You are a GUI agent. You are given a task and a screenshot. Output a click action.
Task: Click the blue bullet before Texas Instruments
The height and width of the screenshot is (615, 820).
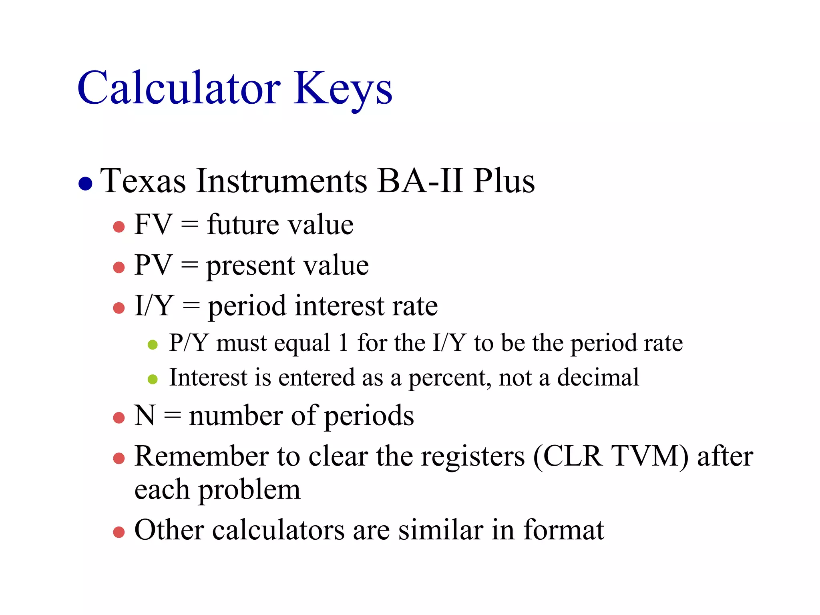coord(86,184)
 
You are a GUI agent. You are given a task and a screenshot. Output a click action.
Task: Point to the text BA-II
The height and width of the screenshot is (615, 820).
coord(420,181)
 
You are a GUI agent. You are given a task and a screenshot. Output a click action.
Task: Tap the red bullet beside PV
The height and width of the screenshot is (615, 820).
coord(119,267)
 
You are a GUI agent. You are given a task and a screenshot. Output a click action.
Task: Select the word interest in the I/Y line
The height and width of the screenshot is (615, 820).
coord(339,306)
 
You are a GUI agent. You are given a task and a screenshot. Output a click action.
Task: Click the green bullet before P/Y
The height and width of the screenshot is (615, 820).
coord(153,344)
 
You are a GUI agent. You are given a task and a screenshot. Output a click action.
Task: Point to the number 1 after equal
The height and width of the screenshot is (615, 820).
coord(343,343)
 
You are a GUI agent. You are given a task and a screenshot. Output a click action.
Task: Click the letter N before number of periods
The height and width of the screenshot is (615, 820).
coord(145,415)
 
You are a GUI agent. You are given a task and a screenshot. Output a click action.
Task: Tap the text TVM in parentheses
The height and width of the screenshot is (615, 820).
coord(649,456)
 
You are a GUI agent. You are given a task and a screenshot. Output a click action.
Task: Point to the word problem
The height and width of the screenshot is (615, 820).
coord(249,490)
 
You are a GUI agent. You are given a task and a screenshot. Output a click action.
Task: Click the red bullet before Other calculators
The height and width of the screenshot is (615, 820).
coord(119,532)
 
